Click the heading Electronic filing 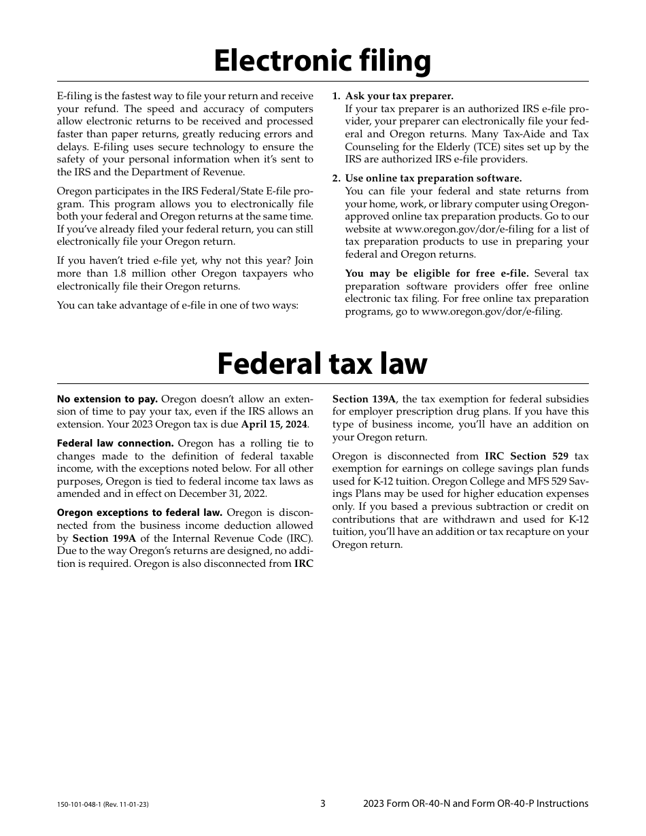click(322, 61)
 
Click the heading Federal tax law click(322, 364)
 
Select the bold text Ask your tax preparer click(399, 96)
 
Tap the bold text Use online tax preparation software click(434, 178)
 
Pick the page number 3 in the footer click(323, 803)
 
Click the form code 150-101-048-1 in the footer click(82, 804)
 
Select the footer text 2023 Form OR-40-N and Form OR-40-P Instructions click(476, 803)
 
